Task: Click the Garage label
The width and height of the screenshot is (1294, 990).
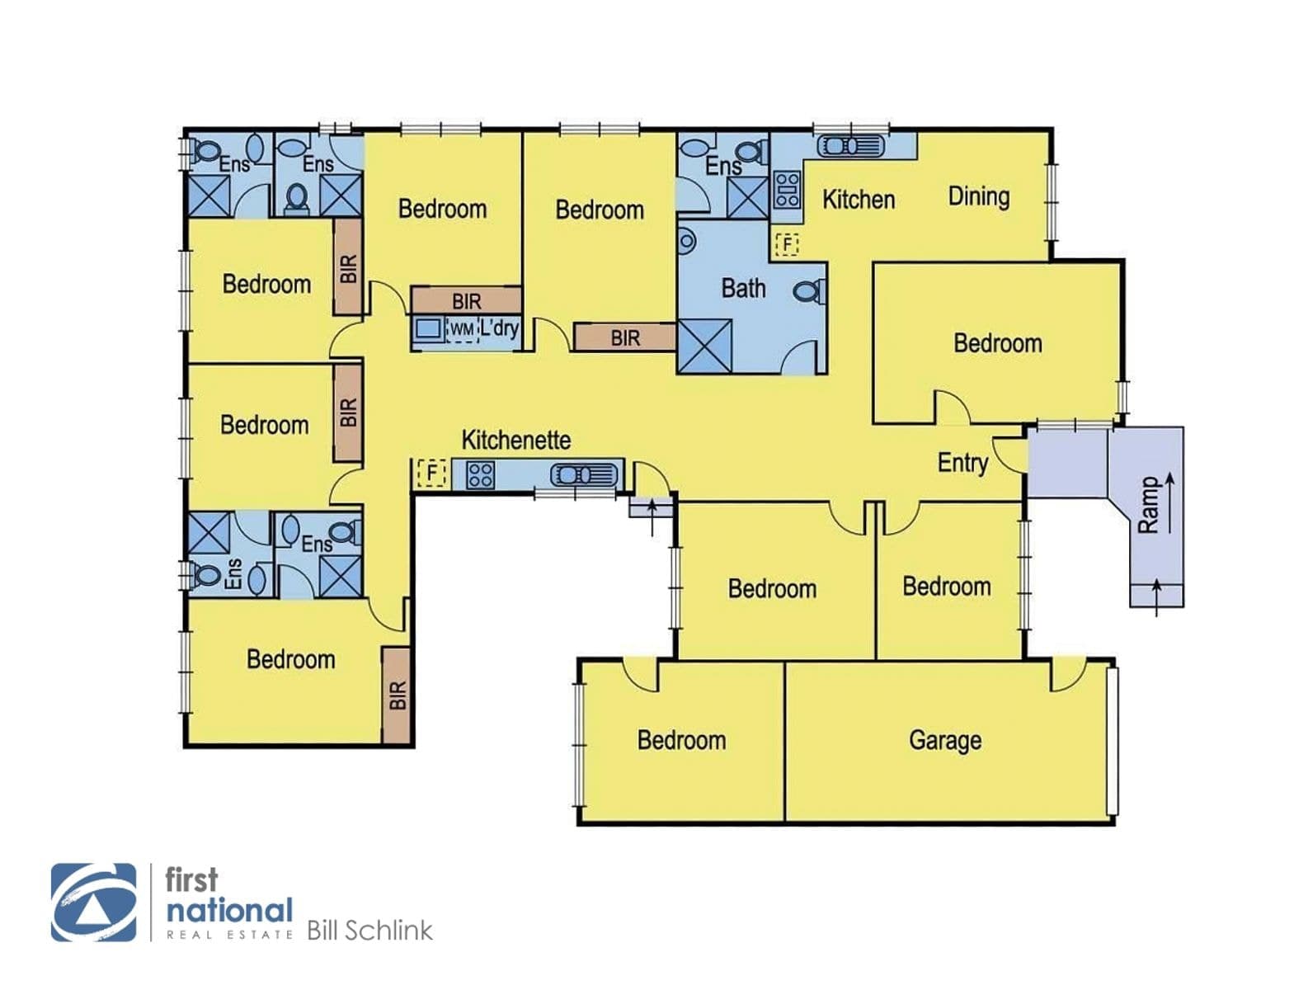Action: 945,741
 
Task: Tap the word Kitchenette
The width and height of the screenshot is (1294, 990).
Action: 515,440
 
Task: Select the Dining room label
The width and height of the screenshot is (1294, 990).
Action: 979,197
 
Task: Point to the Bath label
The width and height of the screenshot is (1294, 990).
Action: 743,288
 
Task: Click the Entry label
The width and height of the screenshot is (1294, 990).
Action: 962,464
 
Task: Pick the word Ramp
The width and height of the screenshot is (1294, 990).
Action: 1148,506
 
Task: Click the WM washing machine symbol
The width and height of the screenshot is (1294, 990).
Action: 462,330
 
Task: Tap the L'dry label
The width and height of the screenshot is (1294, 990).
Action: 499,328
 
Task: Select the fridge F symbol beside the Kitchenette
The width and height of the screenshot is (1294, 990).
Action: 431,473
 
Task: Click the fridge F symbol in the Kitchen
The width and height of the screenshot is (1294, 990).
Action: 787,244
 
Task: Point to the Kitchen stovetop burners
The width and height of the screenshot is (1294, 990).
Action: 787,189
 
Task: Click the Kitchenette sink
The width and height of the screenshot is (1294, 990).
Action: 584,474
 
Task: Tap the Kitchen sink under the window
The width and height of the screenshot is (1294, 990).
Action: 850,146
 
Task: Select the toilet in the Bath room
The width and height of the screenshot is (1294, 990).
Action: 810,291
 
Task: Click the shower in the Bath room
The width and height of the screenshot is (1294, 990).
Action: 705,347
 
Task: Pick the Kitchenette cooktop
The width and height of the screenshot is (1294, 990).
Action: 481,474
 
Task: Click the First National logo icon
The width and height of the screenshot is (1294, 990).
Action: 94,903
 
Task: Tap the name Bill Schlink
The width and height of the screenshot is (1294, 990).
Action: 370,931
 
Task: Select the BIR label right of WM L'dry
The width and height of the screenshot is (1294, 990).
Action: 625,338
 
